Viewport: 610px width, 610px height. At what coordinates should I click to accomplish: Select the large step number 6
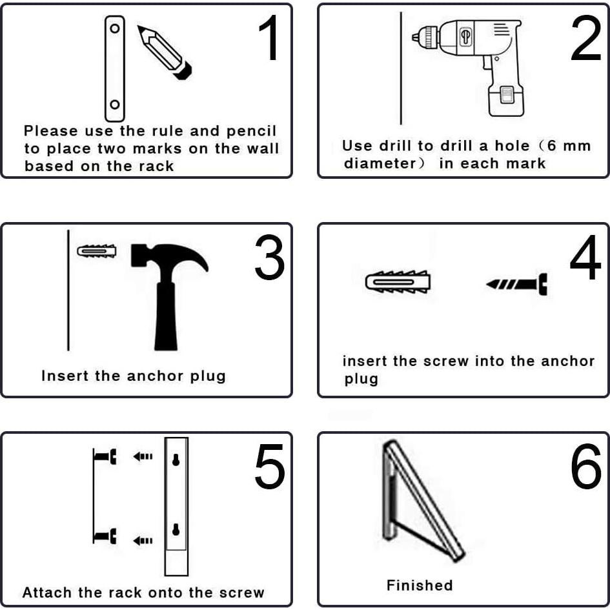[x=586, y=466]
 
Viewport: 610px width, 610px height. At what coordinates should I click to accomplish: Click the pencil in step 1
[x=164, y=52]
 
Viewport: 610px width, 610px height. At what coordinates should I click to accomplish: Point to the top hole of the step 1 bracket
[x=115, y=28]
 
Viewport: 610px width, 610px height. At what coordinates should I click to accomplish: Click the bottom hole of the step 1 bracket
[x=115, y=105]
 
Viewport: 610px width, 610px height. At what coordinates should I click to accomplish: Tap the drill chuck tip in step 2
[x=415, y=37]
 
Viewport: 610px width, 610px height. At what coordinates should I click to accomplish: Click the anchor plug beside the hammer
[x=96, y=251]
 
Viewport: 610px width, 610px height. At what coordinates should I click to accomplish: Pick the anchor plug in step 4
[x=398, y=281]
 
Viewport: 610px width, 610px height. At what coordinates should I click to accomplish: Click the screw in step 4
[x=516, y=284]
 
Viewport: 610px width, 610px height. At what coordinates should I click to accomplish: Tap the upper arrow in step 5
[x=143, y=456]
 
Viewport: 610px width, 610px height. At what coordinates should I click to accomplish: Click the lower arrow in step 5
[x=143, y=540]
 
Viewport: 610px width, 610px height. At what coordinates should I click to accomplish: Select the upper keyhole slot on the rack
[x=176, y=460]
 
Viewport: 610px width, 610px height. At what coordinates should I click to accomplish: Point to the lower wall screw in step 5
[x=105, y=536]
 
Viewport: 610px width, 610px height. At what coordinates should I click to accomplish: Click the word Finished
[x=420, y=585]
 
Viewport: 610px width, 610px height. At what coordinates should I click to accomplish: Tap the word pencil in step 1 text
[x=251, y=132]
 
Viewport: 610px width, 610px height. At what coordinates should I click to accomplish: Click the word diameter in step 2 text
[x=380, y=163]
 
